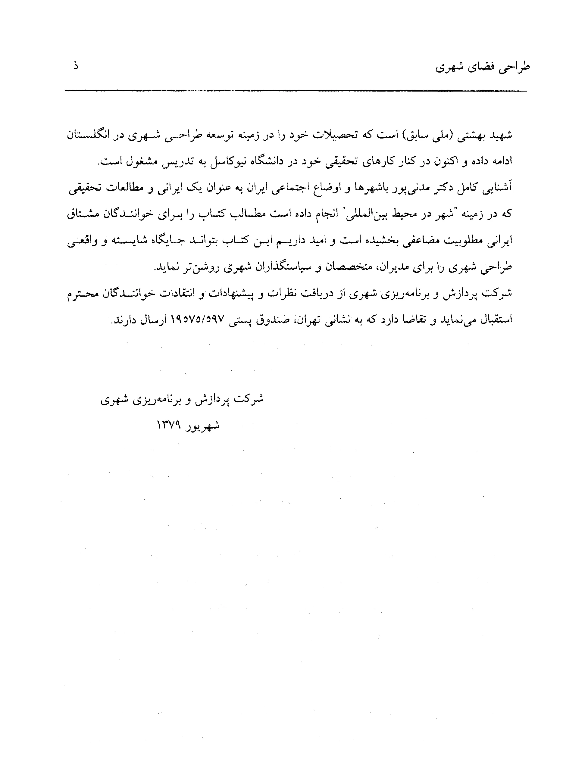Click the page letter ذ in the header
tap(75, 65)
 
